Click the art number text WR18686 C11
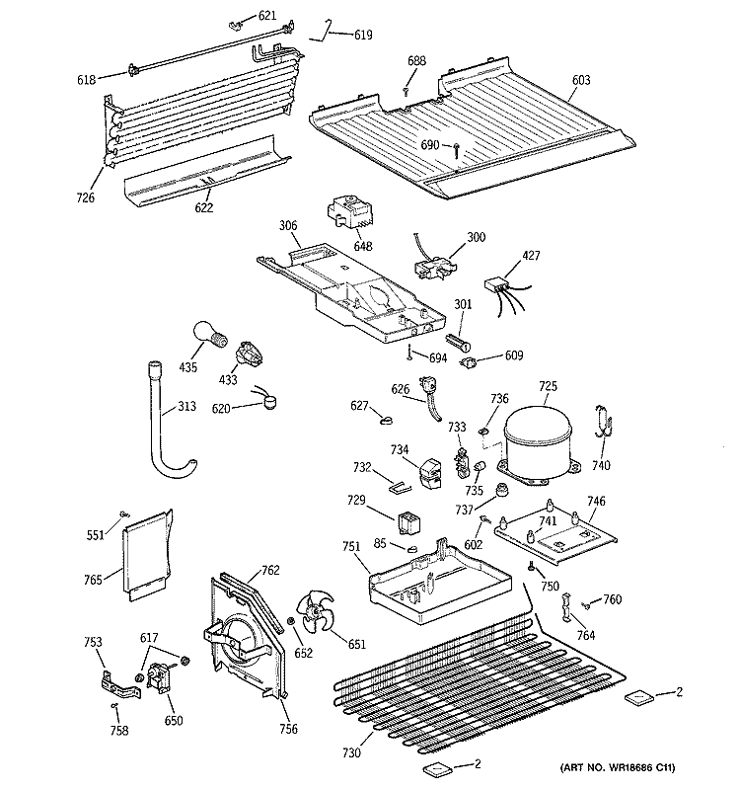[623, 769]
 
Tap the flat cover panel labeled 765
[148, 555]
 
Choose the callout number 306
[286, 225]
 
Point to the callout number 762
[271, 569]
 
